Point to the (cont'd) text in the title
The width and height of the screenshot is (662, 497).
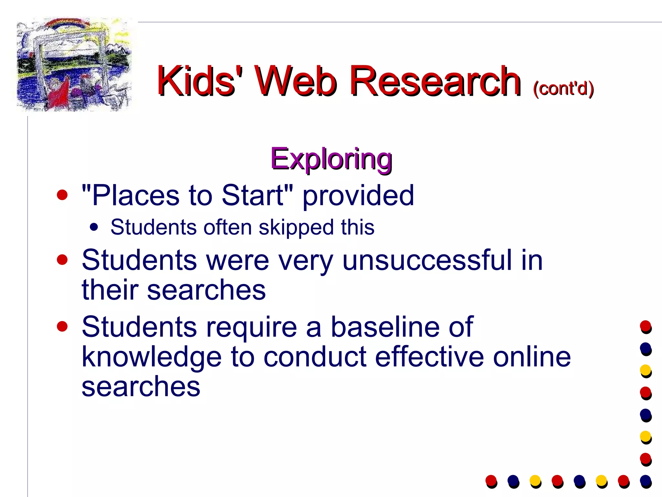click(563, 88)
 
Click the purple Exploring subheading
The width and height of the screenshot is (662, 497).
click(331, 159)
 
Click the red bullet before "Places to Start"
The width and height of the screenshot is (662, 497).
click(62, 195)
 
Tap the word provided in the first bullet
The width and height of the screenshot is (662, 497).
click(358, 195)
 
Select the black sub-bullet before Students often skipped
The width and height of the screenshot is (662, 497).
click(94, 227)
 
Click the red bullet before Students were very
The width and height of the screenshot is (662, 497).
click(62, 260)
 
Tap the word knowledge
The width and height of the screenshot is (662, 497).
click(151, 357)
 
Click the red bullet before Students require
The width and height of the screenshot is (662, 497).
click(62, 326)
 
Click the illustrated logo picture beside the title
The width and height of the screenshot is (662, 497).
click(74, 65)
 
